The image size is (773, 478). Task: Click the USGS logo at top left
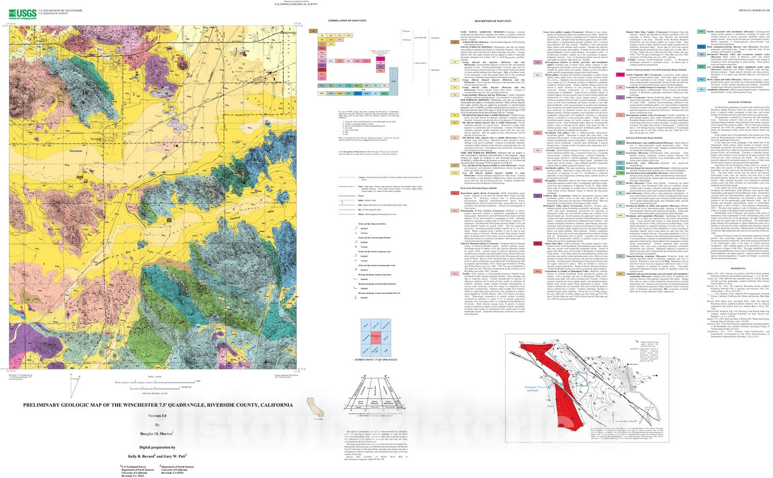coord(19,13)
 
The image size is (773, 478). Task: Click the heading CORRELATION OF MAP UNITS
coord(347,21)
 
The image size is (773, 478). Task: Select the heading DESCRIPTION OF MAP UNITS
coord(492,21)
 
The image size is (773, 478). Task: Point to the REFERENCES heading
coord(738,268)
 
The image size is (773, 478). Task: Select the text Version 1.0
coord(157,416)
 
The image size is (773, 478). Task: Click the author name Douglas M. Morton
coord(157,434)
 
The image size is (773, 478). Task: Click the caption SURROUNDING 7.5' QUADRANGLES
coord(375,360)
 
